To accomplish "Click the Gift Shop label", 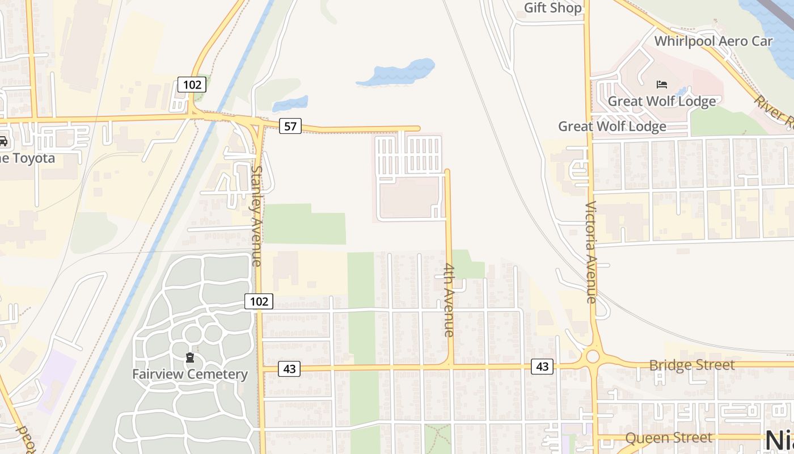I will point(552,8).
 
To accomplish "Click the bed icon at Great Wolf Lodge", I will point(662,85).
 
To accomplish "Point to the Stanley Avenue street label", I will point(256,216).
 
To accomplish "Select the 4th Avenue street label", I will point(449,300).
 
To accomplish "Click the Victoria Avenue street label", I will point(591,252).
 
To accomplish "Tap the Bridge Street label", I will point(692,365).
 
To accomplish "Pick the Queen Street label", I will point(669,438).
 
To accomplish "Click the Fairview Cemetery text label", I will point(190,375).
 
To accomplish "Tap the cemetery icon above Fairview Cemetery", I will point(190,358).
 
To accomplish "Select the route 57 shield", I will point(290,126).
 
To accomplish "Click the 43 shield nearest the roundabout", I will point(542,367).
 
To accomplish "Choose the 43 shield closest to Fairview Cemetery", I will point(289,369).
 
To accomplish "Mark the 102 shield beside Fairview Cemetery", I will point(259,301).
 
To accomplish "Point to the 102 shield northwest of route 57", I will point(192,85).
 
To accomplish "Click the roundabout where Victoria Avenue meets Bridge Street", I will point(593,356).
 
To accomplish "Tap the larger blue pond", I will point(397,73).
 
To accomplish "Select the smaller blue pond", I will point(290,104).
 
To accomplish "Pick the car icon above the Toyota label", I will point(3,141).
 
